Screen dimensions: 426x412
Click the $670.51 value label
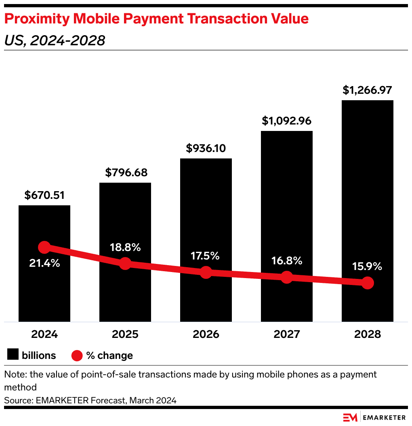pyautogui.click(x=44, y=196)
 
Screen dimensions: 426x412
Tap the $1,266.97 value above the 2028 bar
pyautogui.click(x=368, y=90)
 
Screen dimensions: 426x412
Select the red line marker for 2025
pyautogui.click(x=125, y=264)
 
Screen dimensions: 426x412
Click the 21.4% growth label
pyautogui.click(x=44, y=263)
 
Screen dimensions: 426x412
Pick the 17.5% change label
pyautogui.click(x=206, y=256)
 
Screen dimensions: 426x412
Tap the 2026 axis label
pyautogui.click(x=206, y=334)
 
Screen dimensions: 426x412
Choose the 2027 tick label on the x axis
pyautogui.click(x=287, y=334)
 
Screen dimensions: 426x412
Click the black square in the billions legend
pyautogui.click(x=13, y=355)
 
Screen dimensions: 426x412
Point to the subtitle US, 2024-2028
pyautogui.click(x=55, y=40)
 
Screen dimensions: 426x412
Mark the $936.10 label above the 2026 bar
pyautogui.click(x=206, y=148)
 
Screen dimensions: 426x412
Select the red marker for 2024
pyautogui.click(x=44, y=247)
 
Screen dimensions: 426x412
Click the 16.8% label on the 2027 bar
pyautogui.click(x=287, y=261)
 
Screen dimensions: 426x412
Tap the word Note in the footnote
pyautogui.click(x=13, y=374)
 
